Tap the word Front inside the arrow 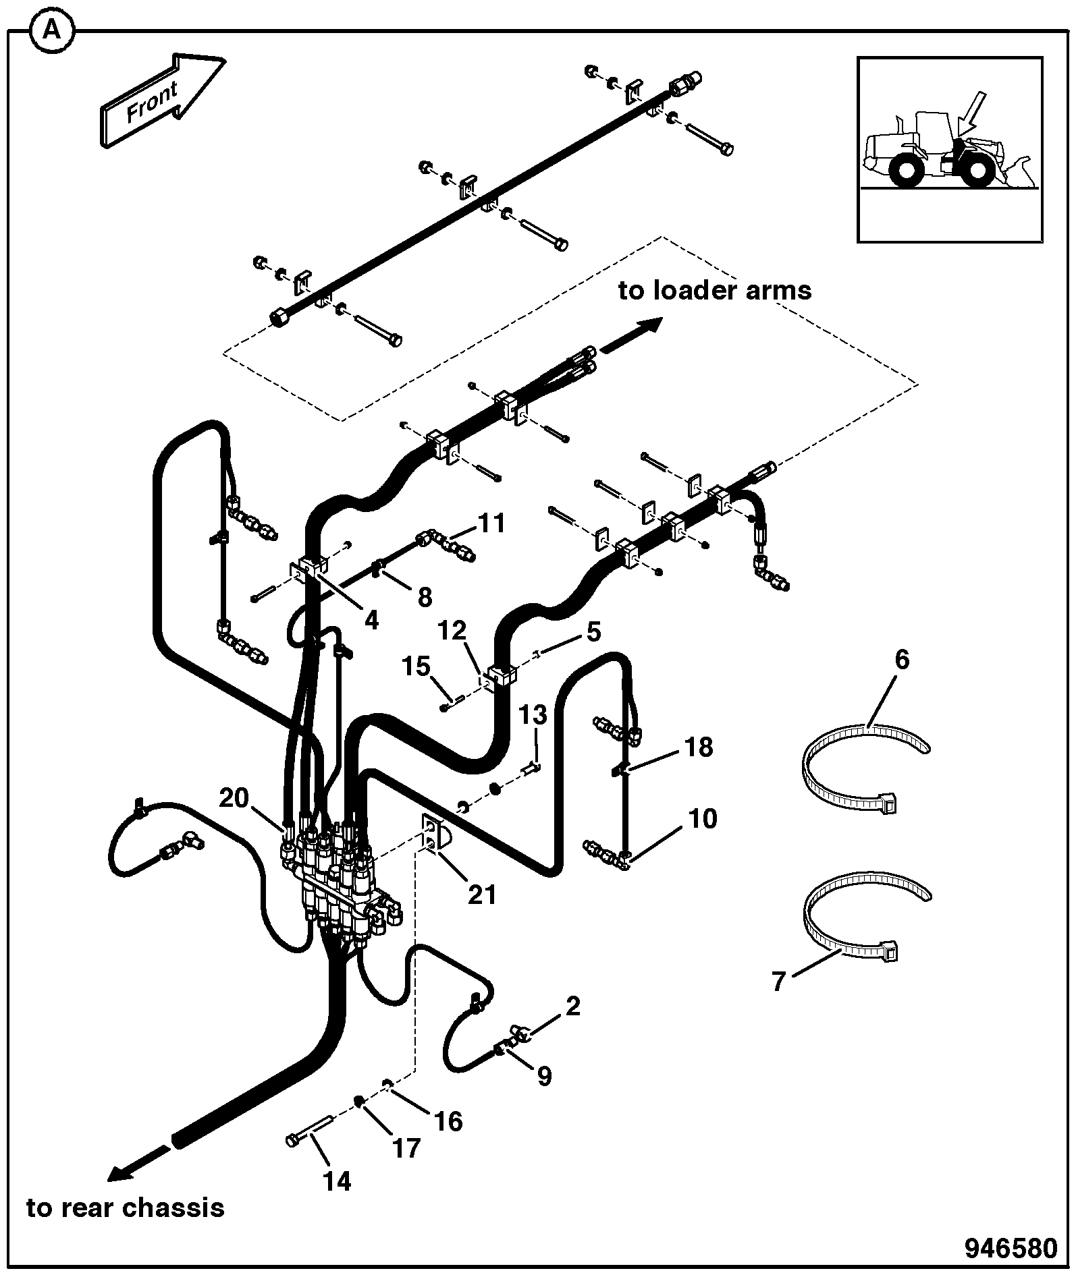pos(153,101)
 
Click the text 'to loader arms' pos(715,291)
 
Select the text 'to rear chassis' pos(126,1207)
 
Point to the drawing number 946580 pos(1011,1248)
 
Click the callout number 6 pos(903,659)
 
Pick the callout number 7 pos(780,981)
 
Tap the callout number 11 pos(491,523)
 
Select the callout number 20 pos(234,798)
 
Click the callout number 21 pos(482,895)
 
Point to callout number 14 pos(337,1181)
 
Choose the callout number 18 pos(698,747)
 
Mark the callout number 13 pos(534,714)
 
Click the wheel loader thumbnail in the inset pos(948,149)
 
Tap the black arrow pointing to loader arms pos(632,334)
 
